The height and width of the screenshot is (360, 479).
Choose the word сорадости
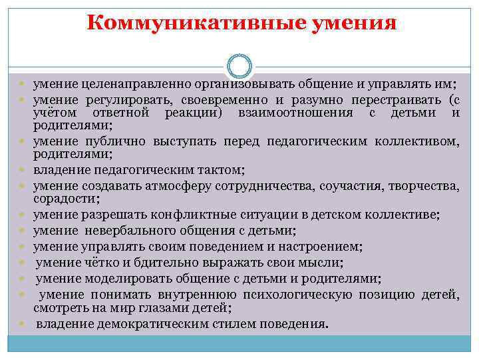(64, 199)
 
